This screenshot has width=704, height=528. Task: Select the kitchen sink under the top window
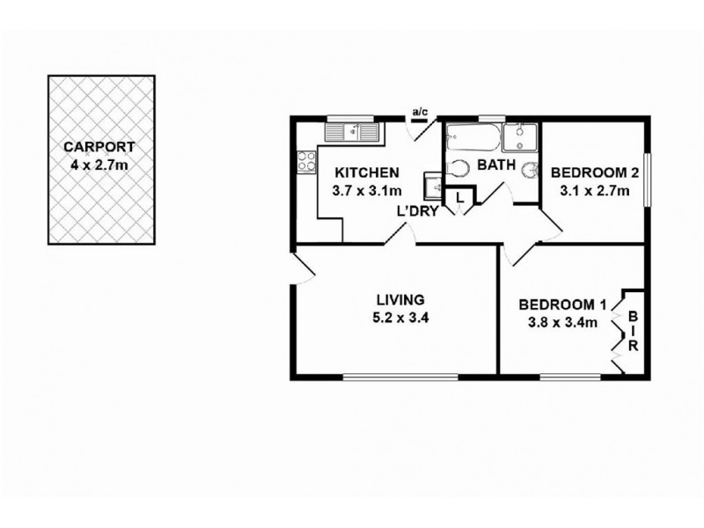pos(352,133)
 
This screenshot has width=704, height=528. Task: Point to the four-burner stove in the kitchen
pos(307,161)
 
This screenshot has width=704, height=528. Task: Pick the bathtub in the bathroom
pos(473,138)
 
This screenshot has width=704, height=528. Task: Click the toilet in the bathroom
pos(458,167)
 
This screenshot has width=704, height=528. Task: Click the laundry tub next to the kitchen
pos(434,186)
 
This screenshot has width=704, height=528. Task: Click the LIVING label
pos(400,299)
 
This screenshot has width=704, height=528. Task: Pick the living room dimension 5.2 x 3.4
pos(400,318)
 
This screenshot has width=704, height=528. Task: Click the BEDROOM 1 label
pos(562,305)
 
